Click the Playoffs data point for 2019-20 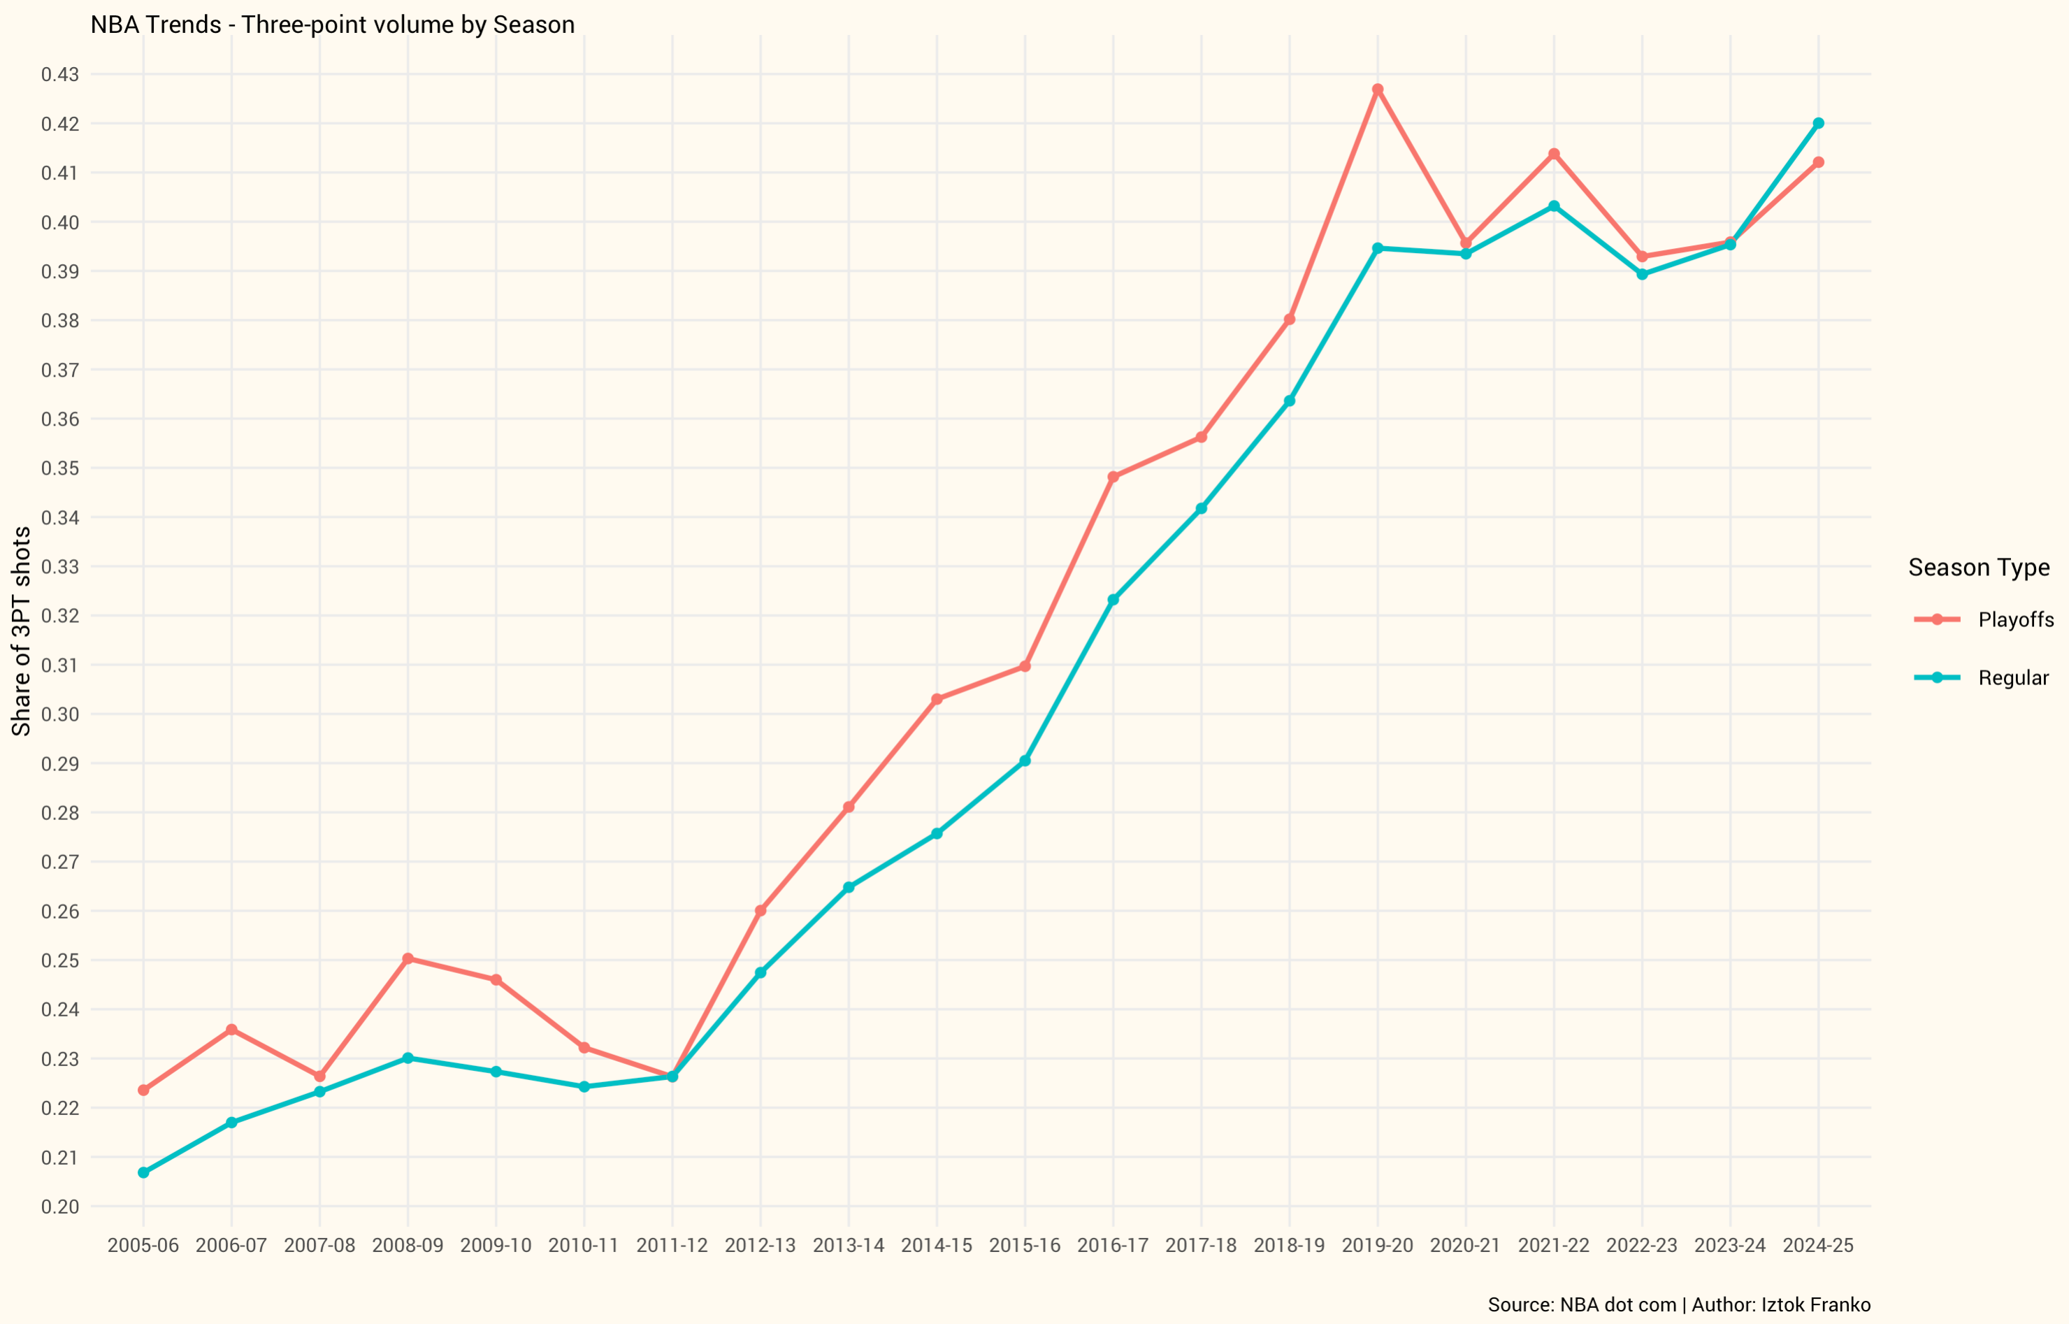(x=1378, y=89)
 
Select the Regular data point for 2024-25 (x=1818, y=124)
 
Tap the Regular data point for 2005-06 (x=143, y=1173)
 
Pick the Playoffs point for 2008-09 (x=408, y=958)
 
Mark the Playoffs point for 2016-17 (x=1113, y=477)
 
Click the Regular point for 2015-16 (x=1025, y=761)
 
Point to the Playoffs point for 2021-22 (x=1554, y=154)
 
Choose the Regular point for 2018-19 (x=1290, y=401)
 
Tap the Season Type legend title (x=1979, y=568)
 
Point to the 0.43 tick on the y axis (x=60, y=75)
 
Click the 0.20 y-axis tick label (x=60, y=1207)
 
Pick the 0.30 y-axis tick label (x=60, y=714)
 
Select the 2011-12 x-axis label (x=672, y=1246)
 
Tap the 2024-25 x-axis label (x=1818, y=1246)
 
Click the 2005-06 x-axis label (x=143, y=1246)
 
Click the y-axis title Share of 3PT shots (x=21, y=631)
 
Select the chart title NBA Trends (x=333, y=24)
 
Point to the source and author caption (x=1679, y=1304)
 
